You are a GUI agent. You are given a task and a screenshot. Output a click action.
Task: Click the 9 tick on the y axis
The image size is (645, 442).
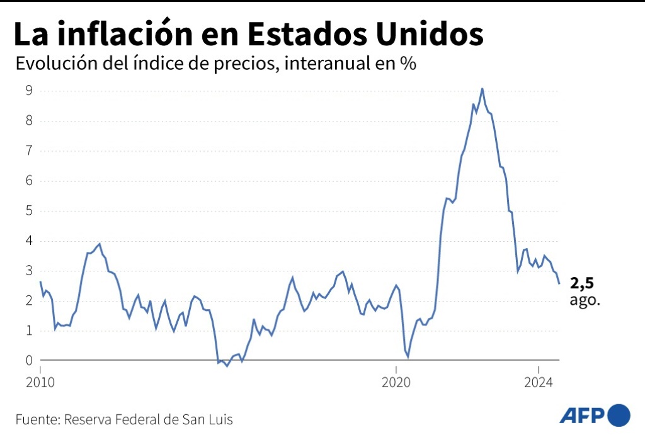click(x=29, y=91)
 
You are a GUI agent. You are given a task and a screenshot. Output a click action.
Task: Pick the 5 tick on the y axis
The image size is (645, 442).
click(x=29, y=211)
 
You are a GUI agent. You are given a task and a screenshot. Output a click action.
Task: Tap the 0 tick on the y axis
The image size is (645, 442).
click(x=29, y=361)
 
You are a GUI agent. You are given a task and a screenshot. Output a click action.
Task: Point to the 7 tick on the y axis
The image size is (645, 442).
click(x=29, y=150)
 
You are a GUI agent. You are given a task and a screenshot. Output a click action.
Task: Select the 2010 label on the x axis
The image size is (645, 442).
click(x=40, y=382)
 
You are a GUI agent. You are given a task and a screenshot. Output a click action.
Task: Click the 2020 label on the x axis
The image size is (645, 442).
click(x=397, y=382)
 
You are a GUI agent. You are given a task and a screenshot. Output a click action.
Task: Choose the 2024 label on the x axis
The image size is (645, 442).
click(x=539, y=382)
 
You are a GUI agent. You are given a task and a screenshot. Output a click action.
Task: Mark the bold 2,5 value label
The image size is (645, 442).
click(x=581, y=283)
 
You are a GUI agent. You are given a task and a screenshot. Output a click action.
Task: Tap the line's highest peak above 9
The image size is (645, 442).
click(x=482, y=89)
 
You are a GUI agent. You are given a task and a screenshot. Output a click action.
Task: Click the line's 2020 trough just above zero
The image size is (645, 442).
click(x=408, y=356)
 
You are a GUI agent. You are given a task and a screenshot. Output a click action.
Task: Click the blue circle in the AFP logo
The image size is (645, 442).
click(x=619, y=415)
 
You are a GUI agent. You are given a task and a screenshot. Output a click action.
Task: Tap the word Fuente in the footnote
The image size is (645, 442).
click(x=35, y=419)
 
